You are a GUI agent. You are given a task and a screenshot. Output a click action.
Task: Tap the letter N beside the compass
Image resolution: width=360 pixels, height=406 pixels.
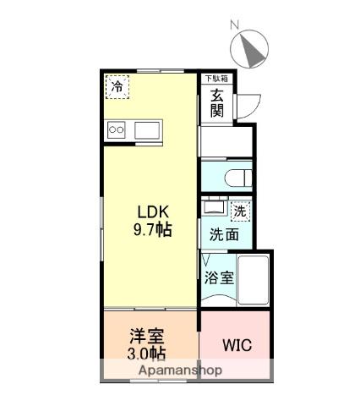pos(237,25)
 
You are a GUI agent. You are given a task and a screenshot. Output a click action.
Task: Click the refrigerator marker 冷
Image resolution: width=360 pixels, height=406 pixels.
pos(117,86)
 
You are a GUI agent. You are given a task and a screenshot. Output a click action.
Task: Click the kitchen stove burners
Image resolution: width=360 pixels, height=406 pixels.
pos(117,130)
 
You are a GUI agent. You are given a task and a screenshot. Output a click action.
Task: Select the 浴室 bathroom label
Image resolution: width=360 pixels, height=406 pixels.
pos(218,276)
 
